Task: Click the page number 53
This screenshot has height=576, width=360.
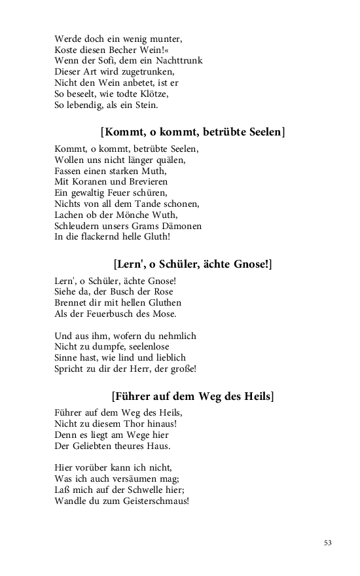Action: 328,542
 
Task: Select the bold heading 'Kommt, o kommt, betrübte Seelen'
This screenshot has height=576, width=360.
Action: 193,132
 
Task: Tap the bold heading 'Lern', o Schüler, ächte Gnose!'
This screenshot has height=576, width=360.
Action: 192,264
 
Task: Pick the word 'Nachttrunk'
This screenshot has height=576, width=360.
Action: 179,61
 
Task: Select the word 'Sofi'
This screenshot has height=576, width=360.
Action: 113,61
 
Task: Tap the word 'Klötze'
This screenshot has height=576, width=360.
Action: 160,94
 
